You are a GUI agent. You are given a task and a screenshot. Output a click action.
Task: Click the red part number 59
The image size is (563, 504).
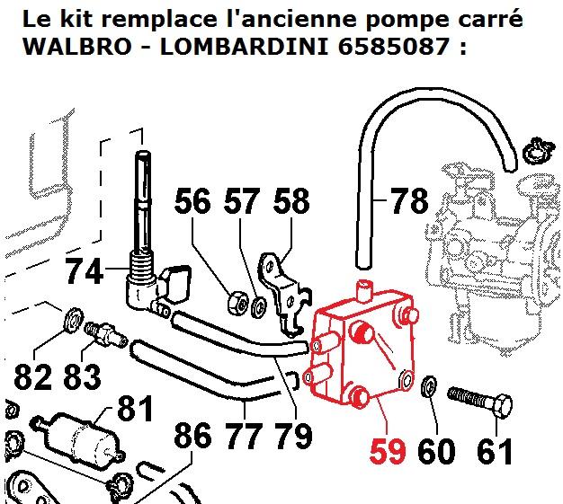pos(389,449)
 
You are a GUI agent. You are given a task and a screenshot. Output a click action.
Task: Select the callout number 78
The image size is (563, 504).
pos(410,201)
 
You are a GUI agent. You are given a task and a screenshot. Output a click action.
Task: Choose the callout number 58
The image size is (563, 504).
pos(290,201)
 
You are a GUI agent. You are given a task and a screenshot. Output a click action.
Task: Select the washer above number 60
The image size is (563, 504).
pos(431,387)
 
